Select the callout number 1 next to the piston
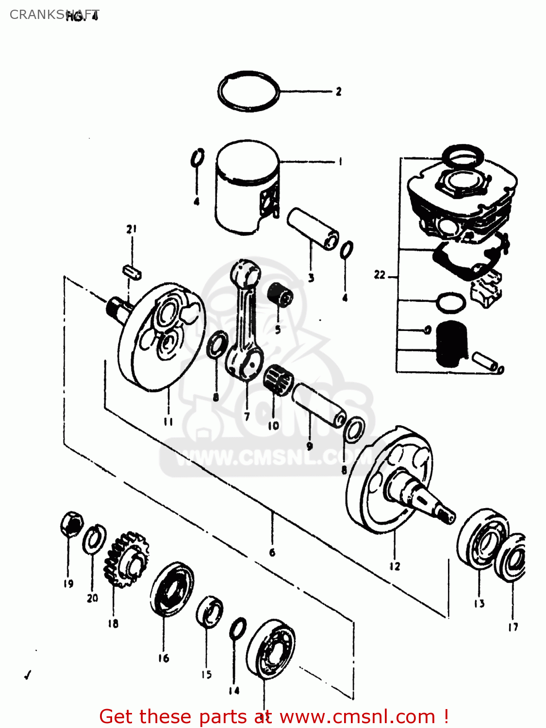(340, 162)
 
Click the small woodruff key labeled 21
(132, 272)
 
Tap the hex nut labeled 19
(71, 524)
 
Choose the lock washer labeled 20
(94, 539)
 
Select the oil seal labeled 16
(171, 589)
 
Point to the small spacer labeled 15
(209, 612)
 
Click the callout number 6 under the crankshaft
(272, 552)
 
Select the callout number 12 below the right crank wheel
(394, 566)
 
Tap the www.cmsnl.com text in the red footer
(357, 716)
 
